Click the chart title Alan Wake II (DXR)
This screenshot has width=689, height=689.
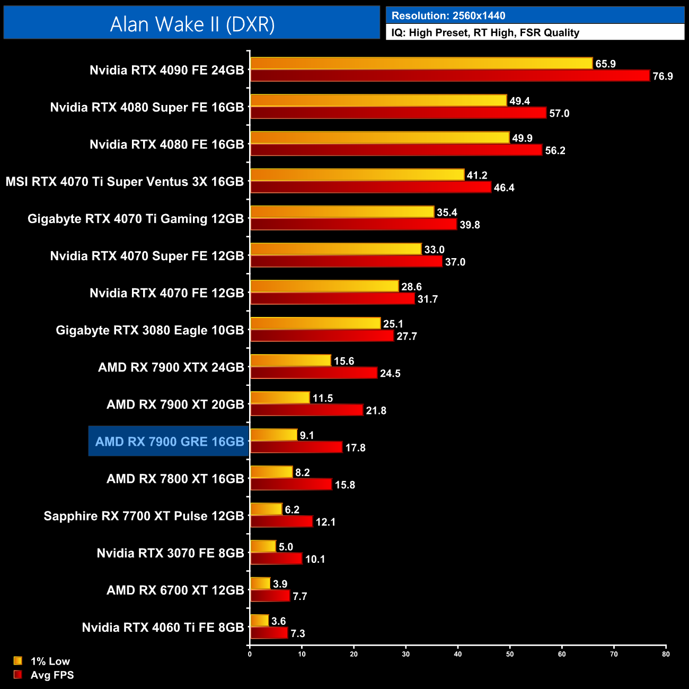coord(192,24)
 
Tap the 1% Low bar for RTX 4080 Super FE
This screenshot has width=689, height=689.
coord(378,100)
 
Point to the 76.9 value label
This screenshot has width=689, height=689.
coord(662,76)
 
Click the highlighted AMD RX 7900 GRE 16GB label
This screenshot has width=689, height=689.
coord(170,441)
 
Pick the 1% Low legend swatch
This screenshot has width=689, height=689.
coord(18,661)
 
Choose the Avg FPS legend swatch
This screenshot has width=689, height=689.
coord(18,675)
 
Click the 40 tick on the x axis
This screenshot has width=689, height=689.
coord(458,654)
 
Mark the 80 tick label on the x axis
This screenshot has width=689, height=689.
coord(666,654)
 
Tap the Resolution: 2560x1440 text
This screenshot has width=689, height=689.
coord(448,16)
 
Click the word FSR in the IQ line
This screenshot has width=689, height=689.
coord(530,33)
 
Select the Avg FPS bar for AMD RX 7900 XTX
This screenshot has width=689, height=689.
coord(314,373)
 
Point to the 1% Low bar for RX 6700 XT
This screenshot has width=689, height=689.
coord(260,583)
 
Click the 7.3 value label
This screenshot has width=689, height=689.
coord(298,633)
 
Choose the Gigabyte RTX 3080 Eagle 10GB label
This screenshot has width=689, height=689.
coord(149,330)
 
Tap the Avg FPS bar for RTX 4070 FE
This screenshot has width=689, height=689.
coord(332,298)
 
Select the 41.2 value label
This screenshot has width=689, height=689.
coord(477,175)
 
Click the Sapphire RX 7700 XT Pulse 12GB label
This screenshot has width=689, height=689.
coord(144,516)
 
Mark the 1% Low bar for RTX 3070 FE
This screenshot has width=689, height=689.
coord(263,546)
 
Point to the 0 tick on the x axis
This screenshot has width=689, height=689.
coord(250,654)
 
